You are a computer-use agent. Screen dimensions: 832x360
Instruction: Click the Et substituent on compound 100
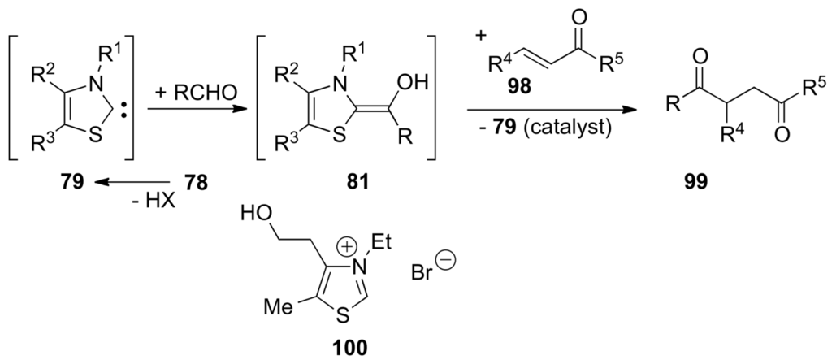click(404, 242)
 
